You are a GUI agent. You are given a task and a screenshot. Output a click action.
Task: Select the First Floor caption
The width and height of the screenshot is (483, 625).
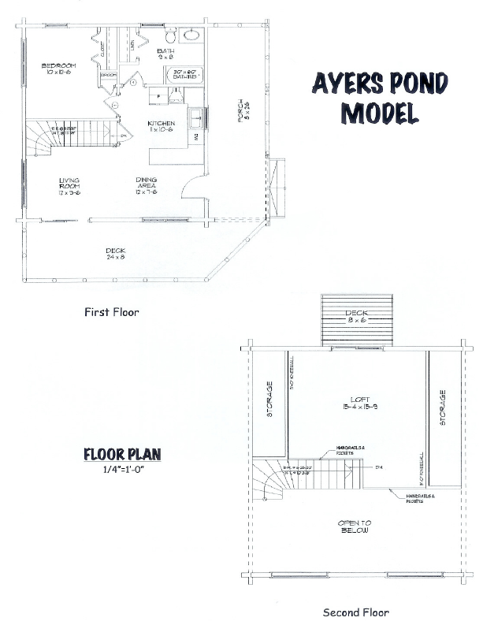pyautogui.click(x=111, y=312)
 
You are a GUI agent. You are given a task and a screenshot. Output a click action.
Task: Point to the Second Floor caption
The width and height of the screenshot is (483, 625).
pyautogui.click(x=356, y=612)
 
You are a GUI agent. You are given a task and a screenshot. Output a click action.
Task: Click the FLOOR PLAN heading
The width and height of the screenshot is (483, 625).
pyautogui.click(x=122, y=454)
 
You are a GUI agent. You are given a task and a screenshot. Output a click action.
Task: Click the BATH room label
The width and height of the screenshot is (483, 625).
pyautogui.click(x=166, y=54)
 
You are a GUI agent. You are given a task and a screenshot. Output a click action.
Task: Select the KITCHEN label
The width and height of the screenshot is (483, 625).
pyautogui.click(x=162, y=127)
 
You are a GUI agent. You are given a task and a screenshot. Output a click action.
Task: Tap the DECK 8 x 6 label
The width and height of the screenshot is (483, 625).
pyautogui.click(x=357, y=318)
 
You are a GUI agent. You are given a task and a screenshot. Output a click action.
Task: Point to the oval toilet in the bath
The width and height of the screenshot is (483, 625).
pyautogui.click(x=191, y=35)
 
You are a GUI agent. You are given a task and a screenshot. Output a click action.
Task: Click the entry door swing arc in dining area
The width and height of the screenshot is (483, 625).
pyautogui.click(x=189, y=186)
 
